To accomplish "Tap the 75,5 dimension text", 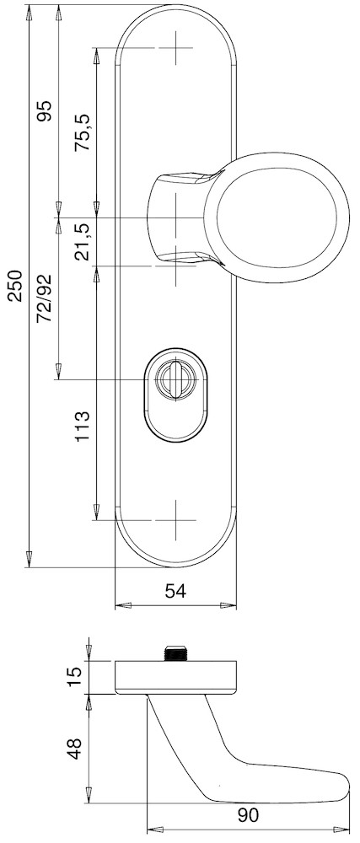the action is [x=83, y=132].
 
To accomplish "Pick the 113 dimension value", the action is [x=82, y=427].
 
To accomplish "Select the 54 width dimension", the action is [x=175, y=592].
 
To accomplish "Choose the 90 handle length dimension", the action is [x=248, y=815].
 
